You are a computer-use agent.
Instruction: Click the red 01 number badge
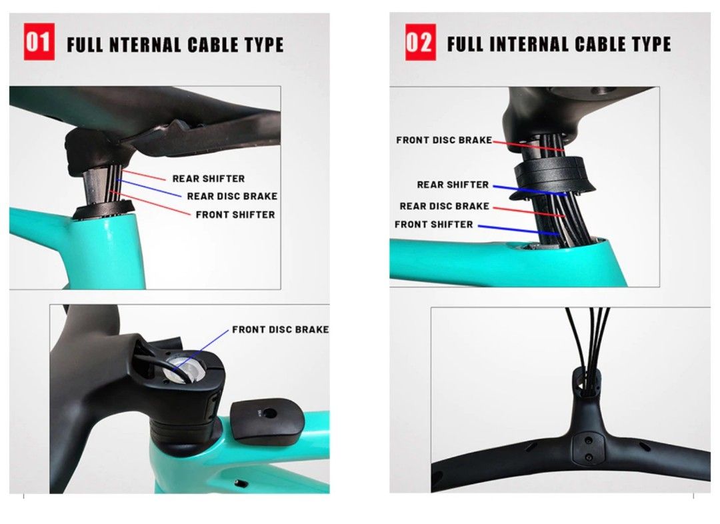click(x=39, y=42)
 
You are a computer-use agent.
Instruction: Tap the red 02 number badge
click(x=420, y=43)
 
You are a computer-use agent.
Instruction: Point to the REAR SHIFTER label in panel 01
click(x=208, y=179)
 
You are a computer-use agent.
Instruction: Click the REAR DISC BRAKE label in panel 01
click(x=232, y=196)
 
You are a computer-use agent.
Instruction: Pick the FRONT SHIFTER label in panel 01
click(x=235, y=215)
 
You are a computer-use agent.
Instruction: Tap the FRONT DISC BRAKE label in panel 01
click(x=280, y=329)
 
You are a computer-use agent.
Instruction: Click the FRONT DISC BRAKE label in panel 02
click(x=444, y=140)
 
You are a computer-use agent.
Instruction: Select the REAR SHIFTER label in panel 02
click(x=453, y=185)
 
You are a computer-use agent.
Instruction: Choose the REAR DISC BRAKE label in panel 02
click(x=444, y=206)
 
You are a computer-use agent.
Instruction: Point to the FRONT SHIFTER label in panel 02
click(x=433, y=224)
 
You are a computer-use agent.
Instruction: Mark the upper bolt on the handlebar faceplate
click(x=587, y=441)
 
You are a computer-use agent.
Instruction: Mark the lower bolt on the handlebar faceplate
click(x=587, y=457)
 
